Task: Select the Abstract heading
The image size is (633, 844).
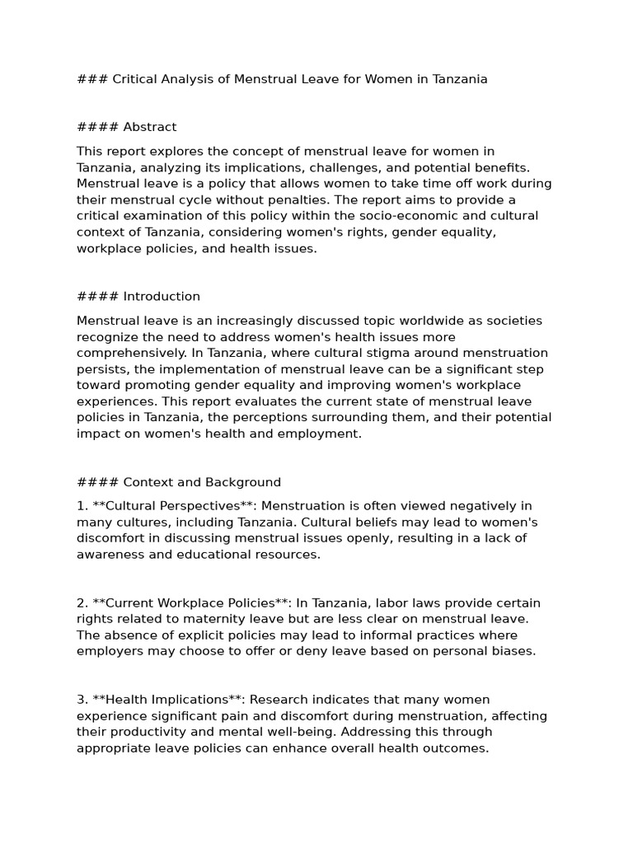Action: [149, 127]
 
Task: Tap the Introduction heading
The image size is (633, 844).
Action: [162, 296]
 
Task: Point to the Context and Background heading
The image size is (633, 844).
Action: [202, 482]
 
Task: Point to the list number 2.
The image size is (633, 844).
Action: [82, 603]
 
